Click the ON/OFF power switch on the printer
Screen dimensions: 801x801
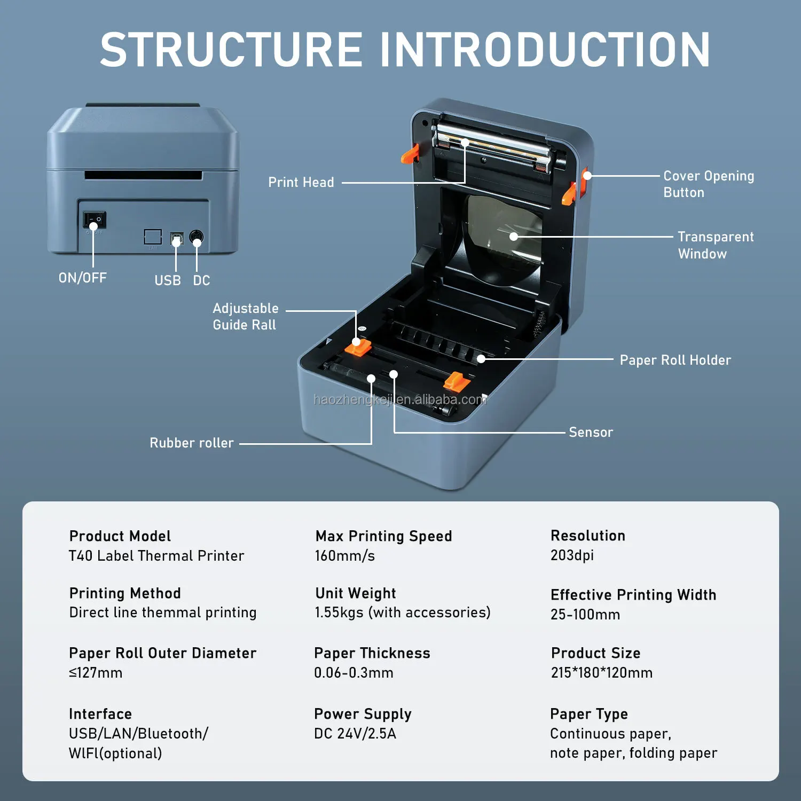[x=95, y=219]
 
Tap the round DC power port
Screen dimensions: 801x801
[x=197, y=237]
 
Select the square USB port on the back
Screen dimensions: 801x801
[x=176, y=238]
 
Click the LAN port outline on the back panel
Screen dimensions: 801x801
[x=153, y=237]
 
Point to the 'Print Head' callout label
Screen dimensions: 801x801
[x=301, y=183]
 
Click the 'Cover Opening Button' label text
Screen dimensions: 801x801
[x=708, y=184]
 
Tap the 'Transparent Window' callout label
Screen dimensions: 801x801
[x=715, y=245]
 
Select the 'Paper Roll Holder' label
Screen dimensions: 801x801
[x=675, y=360]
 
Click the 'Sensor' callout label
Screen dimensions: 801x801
[x=591, y=433]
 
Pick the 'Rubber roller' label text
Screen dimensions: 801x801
[x=192, y=443]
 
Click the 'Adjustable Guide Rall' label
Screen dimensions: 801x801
[x=245, y=317]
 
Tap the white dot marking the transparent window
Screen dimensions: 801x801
[x=513, y=237]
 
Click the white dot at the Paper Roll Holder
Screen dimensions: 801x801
[x=481, y=359]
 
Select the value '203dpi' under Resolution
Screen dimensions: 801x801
[x=572, y=555]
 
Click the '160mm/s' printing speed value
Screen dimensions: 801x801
[x=344, y=556]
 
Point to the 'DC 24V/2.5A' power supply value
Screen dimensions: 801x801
[x=355, y=734]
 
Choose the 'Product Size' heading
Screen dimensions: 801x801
[x=595, y=653]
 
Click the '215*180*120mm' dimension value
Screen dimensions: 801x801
[x=601, y=673]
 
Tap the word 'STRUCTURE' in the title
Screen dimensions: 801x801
[x=231, y=50]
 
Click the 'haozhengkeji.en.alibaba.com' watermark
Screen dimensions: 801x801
[x=400, y=399]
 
